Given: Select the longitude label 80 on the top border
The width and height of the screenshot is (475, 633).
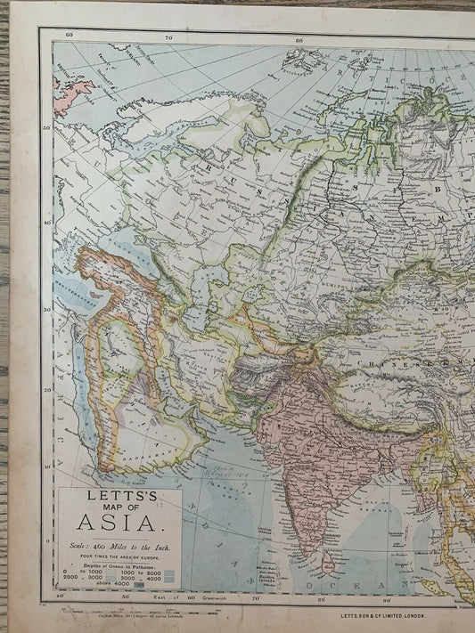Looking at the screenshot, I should [x=299, y=39].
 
